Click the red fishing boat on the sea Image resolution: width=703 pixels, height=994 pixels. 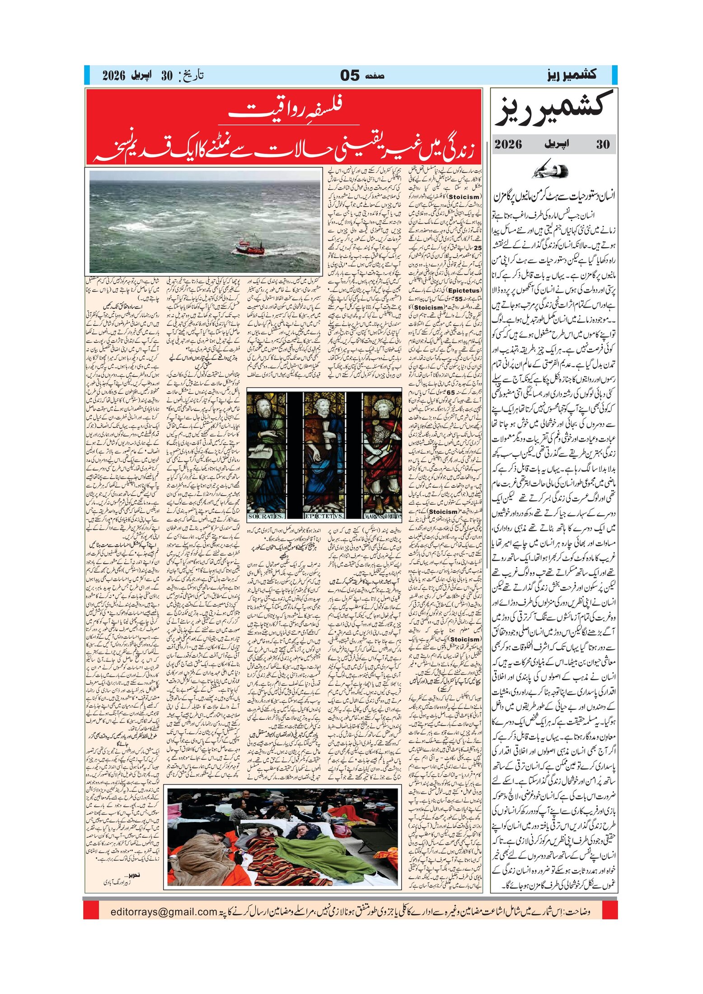coord(250,246)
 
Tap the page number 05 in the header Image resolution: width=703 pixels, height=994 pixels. coord(350,75)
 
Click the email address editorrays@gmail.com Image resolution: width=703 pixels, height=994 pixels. coord(164,912)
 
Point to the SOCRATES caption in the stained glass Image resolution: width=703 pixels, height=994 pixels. coord(266,516)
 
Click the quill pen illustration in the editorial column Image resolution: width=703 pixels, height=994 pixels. coord(550,170)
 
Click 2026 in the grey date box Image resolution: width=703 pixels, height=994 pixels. coord(508,144)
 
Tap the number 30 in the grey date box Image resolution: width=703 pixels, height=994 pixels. coord(603,144)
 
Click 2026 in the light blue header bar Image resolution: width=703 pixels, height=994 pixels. coord(113,75)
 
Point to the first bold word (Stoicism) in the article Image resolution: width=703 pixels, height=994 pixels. coord(465,197)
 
